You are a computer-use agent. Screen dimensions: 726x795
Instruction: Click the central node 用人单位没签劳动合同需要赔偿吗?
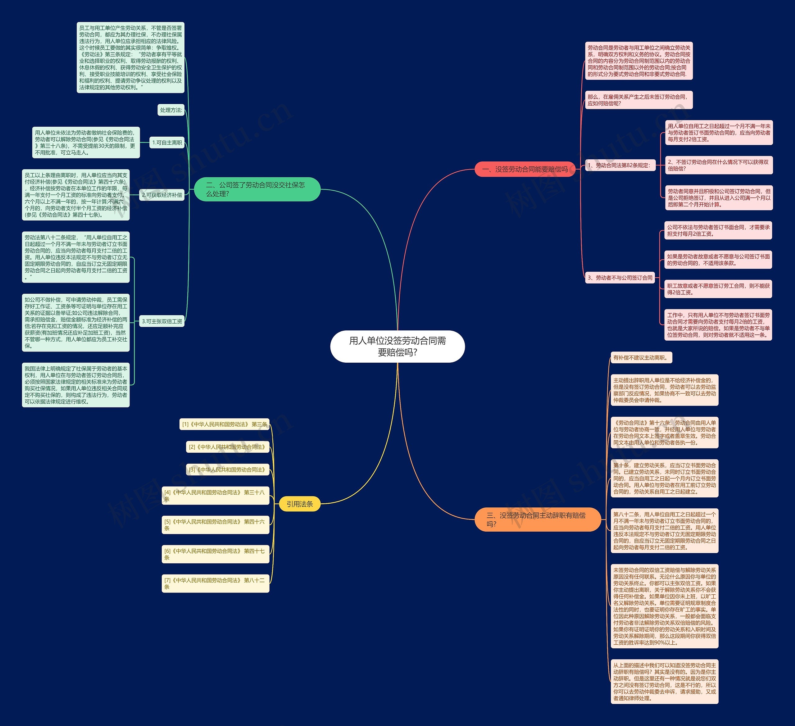(x=397, y=346)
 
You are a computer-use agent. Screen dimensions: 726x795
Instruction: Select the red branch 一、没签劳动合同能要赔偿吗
(x=525, y=169)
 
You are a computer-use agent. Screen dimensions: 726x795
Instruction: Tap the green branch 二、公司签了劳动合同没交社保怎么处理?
(x=257, y=189)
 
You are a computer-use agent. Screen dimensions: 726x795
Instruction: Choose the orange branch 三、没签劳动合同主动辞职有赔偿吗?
(x=538, y=520)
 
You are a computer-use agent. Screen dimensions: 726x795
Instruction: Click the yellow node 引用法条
(x=299, y=504)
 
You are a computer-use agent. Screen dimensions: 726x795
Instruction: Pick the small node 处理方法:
(x=171, y=110)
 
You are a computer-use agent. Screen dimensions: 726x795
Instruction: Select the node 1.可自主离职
(x=167, y=143)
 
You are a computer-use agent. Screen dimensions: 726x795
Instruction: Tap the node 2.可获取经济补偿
(x=162, y=195)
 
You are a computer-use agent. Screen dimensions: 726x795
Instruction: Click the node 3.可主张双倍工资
(x=162, y=321)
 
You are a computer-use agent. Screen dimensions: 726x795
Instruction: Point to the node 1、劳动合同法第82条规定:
(x=620, y=165)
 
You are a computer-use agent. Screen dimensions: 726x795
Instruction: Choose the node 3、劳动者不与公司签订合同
(x=620, y=278)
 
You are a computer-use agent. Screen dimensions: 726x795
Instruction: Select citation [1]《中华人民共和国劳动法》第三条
(x=224, y=424)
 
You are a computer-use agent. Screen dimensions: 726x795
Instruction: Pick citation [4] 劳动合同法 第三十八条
(x=215, y=495)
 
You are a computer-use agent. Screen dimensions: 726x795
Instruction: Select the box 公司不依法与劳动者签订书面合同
(x=718, y=230)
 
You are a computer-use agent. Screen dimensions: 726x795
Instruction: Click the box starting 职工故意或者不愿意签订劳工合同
(x=718, y=289)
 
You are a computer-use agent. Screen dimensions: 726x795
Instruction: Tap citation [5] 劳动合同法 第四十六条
(x=215, y=525)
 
